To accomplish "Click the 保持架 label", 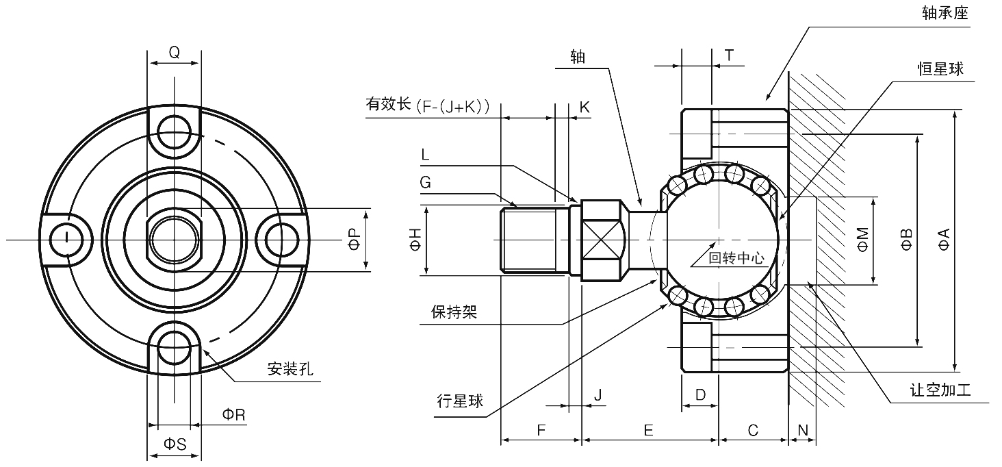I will (x=454, y=312).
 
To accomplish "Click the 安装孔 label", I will (x=290, y=370).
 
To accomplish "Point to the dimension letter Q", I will (x=175, y=52).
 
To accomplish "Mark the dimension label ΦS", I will (x=175, y=444).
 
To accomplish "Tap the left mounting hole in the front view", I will (x=66, y=238).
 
